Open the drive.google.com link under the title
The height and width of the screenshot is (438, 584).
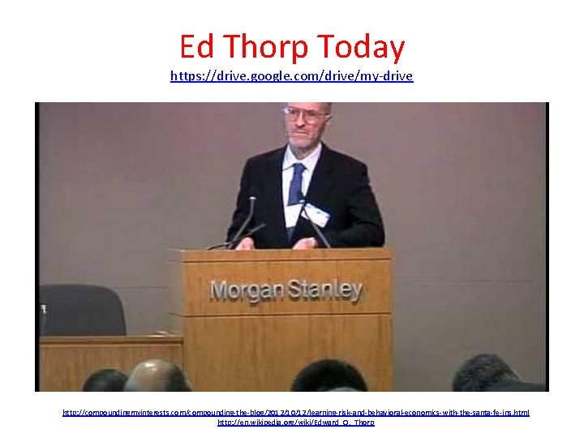[x=291, y=76]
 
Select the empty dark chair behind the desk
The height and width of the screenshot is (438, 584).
[x=82, y=309]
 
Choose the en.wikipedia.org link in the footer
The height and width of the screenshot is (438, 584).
[x=296, y=423]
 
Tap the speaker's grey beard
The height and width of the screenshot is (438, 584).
[x=303, y=138]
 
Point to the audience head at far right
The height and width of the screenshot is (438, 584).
[x=487, y=374]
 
